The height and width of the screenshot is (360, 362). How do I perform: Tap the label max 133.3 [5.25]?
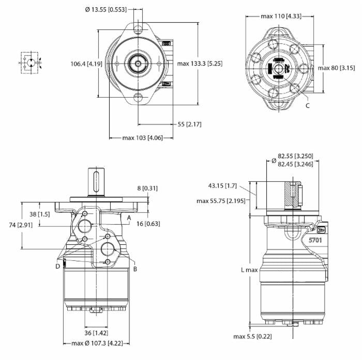pos(199,64)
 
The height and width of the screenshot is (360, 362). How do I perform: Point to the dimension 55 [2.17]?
pos(189,124)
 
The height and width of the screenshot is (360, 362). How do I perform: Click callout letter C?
pos(308,105)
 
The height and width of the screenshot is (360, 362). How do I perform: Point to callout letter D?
pos(58,265)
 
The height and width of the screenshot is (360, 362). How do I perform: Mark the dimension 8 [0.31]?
pos(147,189)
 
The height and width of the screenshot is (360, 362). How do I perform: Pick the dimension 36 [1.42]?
pos(96,333)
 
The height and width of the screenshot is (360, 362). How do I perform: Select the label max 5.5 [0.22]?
pos(253,336)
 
